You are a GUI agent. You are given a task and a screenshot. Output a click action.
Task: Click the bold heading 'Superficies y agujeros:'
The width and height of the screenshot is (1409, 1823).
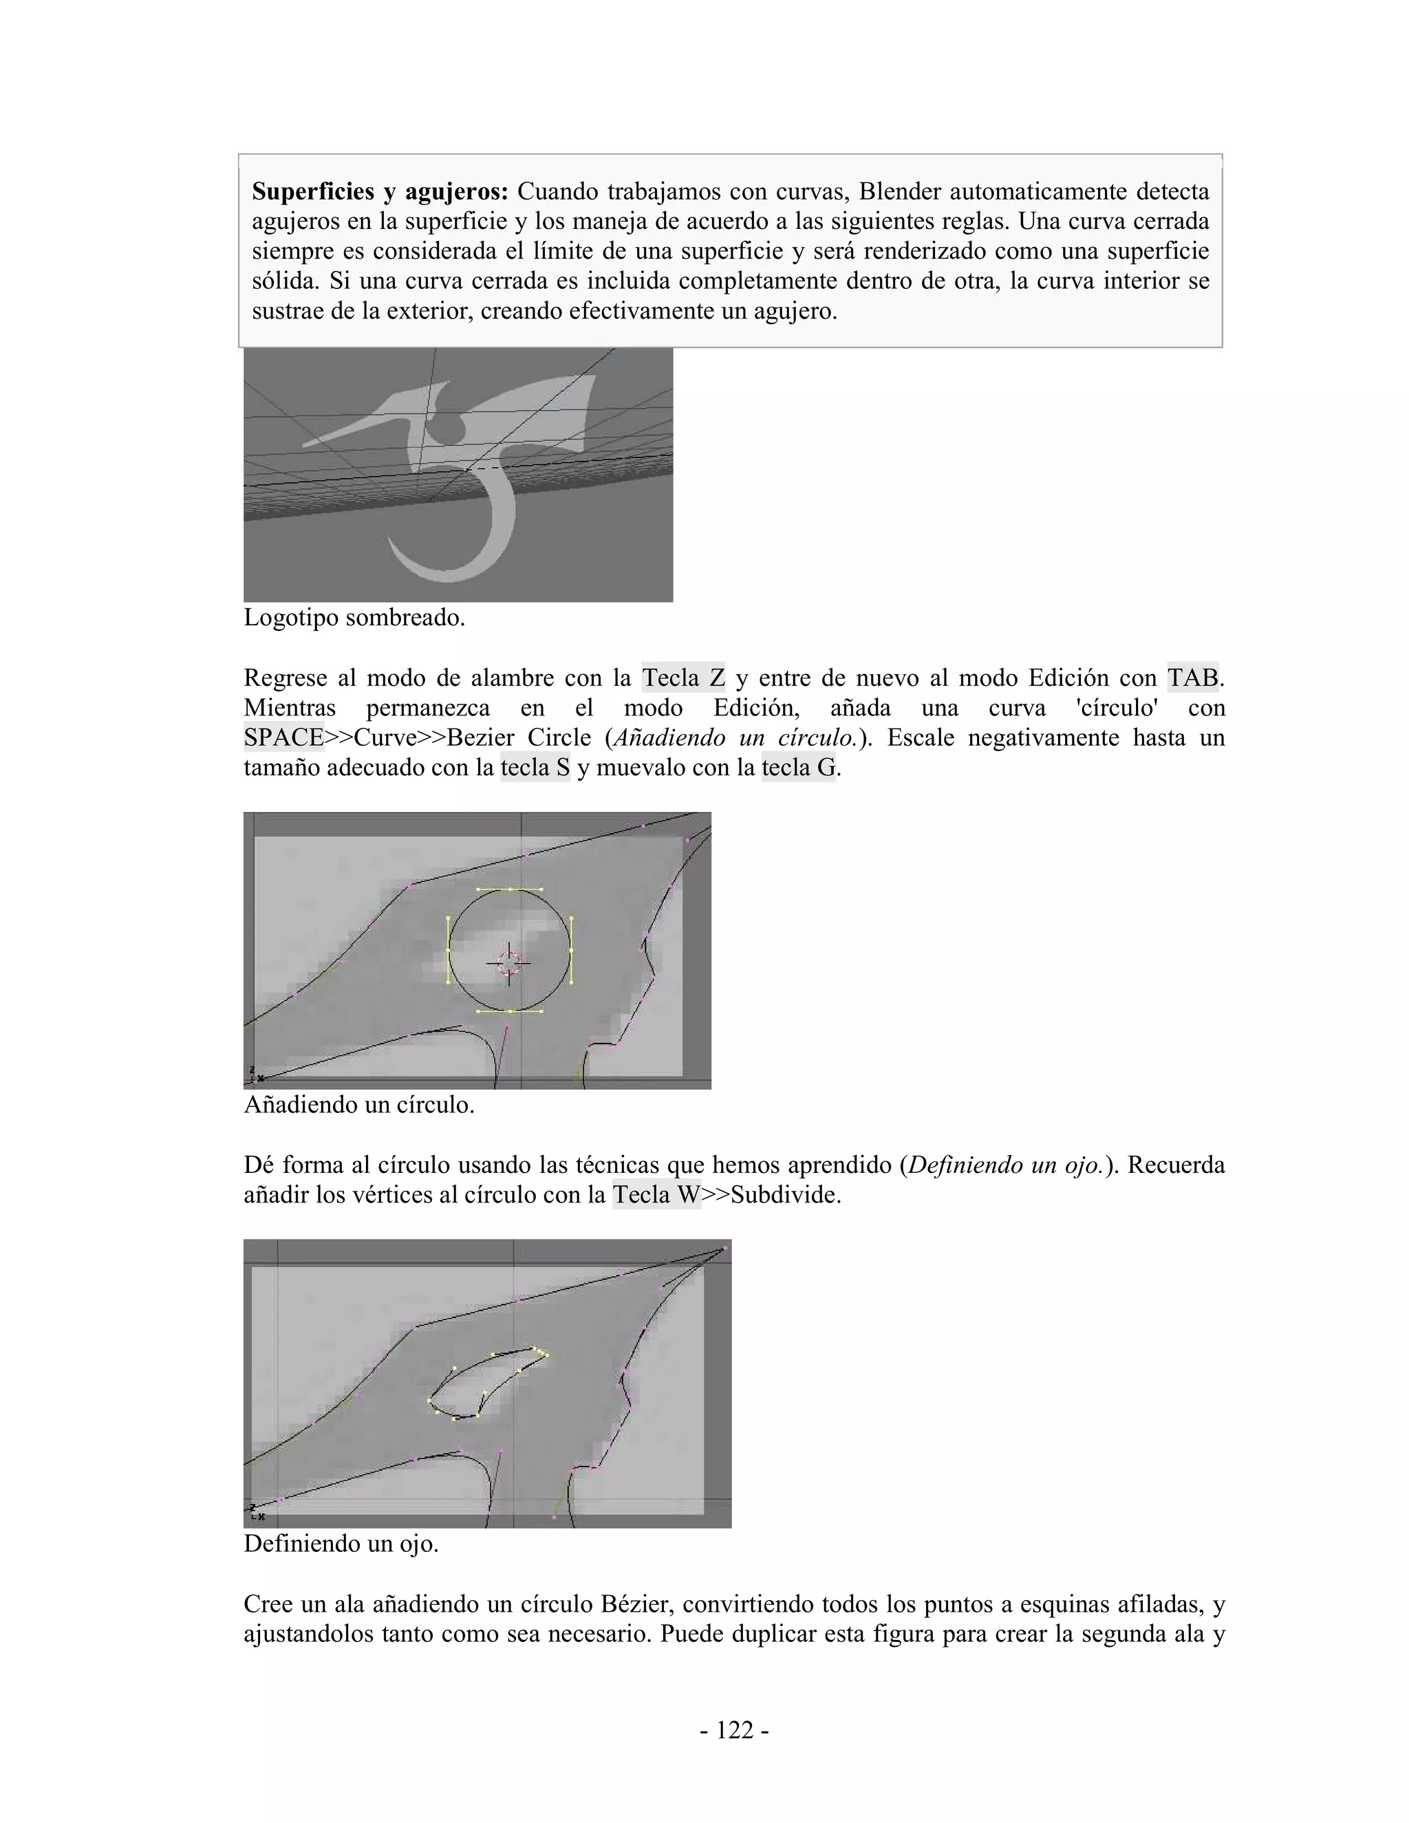click(380, 192)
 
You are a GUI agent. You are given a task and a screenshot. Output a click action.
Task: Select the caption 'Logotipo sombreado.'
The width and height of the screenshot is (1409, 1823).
click(354, 618)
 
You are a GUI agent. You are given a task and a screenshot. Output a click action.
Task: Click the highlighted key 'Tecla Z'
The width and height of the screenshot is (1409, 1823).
click(682, 678)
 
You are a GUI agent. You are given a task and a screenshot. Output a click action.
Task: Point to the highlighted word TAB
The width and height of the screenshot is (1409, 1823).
click(1193, 678)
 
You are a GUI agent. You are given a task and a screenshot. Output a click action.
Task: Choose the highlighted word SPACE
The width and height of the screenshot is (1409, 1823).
click(284, 738)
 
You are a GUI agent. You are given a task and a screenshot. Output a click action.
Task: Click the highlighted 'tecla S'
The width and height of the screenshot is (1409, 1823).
click(535, 768)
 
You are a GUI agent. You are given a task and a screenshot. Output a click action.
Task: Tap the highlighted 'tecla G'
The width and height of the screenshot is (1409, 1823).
click(798, 768)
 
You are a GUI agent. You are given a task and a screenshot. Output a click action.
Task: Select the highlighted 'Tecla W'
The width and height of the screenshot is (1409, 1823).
click(656, 1196)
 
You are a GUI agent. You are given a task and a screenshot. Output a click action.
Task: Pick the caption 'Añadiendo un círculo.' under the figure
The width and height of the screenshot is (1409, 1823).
click(359, 1105)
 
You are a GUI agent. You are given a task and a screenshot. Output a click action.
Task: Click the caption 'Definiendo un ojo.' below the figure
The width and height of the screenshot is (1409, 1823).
click(341, 1544)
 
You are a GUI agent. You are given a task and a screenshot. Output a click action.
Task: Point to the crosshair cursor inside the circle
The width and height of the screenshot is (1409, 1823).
click(508, 964)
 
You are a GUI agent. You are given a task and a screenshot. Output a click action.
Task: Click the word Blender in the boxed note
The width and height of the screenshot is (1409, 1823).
click(901, 192)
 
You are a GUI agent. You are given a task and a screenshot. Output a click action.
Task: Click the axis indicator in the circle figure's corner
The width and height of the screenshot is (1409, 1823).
click(252, 1075)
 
